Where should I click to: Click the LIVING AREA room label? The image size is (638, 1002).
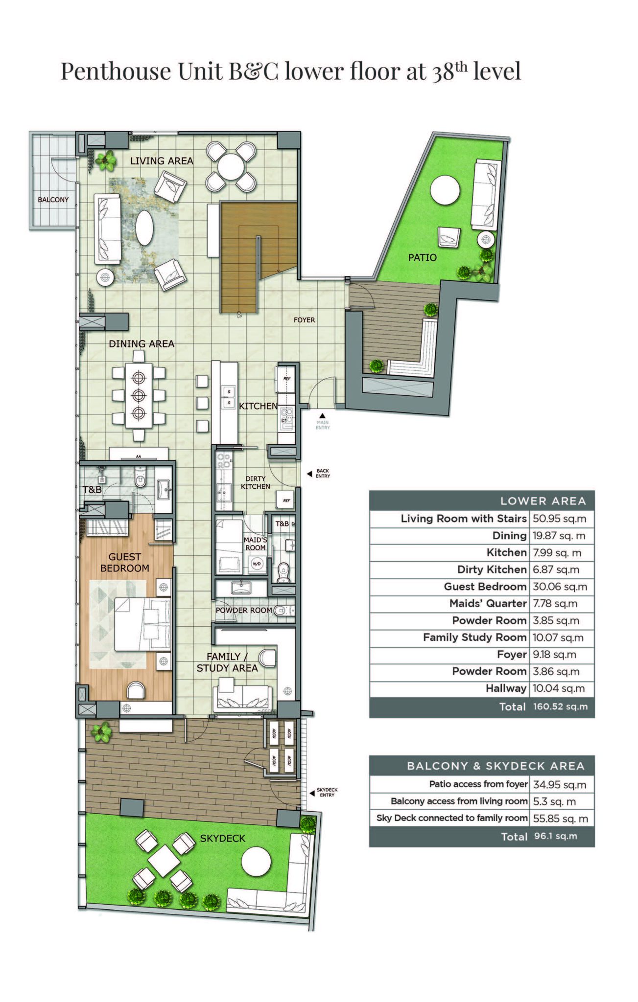point(162,161)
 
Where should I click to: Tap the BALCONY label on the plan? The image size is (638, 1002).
point(53,200)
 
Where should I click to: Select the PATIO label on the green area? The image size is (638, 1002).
point(422,257)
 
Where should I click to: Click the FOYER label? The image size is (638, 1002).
point(304,320)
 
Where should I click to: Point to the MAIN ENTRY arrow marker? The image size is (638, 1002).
point(322,416)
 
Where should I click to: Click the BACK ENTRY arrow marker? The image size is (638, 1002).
point(309,474)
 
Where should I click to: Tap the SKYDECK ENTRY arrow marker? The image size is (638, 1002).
point(312,794)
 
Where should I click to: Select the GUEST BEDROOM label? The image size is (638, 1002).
point(125,563)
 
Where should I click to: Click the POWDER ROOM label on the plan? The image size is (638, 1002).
point(243,611)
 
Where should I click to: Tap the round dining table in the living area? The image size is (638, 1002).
point(230,167)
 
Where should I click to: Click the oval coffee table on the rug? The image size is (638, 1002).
point(144,228)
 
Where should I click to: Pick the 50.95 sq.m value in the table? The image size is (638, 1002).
point(559,519)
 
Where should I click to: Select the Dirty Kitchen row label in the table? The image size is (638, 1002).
point(492,569)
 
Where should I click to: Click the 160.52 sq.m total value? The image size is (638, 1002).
point(560,706)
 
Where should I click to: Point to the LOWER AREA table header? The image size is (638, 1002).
point(543,501)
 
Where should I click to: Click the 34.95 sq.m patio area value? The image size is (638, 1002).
point(560,785)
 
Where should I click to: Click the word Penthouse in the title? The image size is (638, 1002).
point(116,71)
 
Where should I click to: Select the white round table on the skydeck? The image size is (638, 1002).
point(256,862)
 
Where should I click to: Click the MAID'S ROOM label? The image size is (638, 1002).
point(255,544)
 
